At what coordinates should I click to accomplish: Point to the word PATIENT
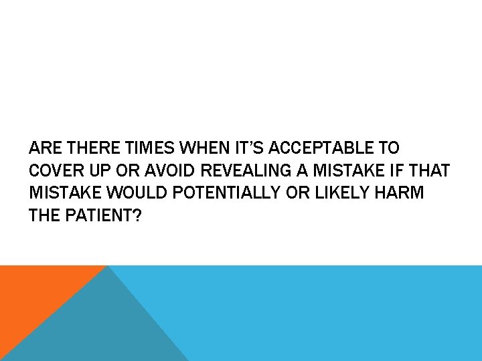(95, 216)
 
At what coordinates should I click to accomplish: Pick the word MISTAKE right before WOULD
(64, 193)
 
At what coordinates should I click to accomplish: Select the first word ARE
(42, 148)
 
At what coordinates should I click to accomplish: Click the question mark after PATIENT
(137, 216)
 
